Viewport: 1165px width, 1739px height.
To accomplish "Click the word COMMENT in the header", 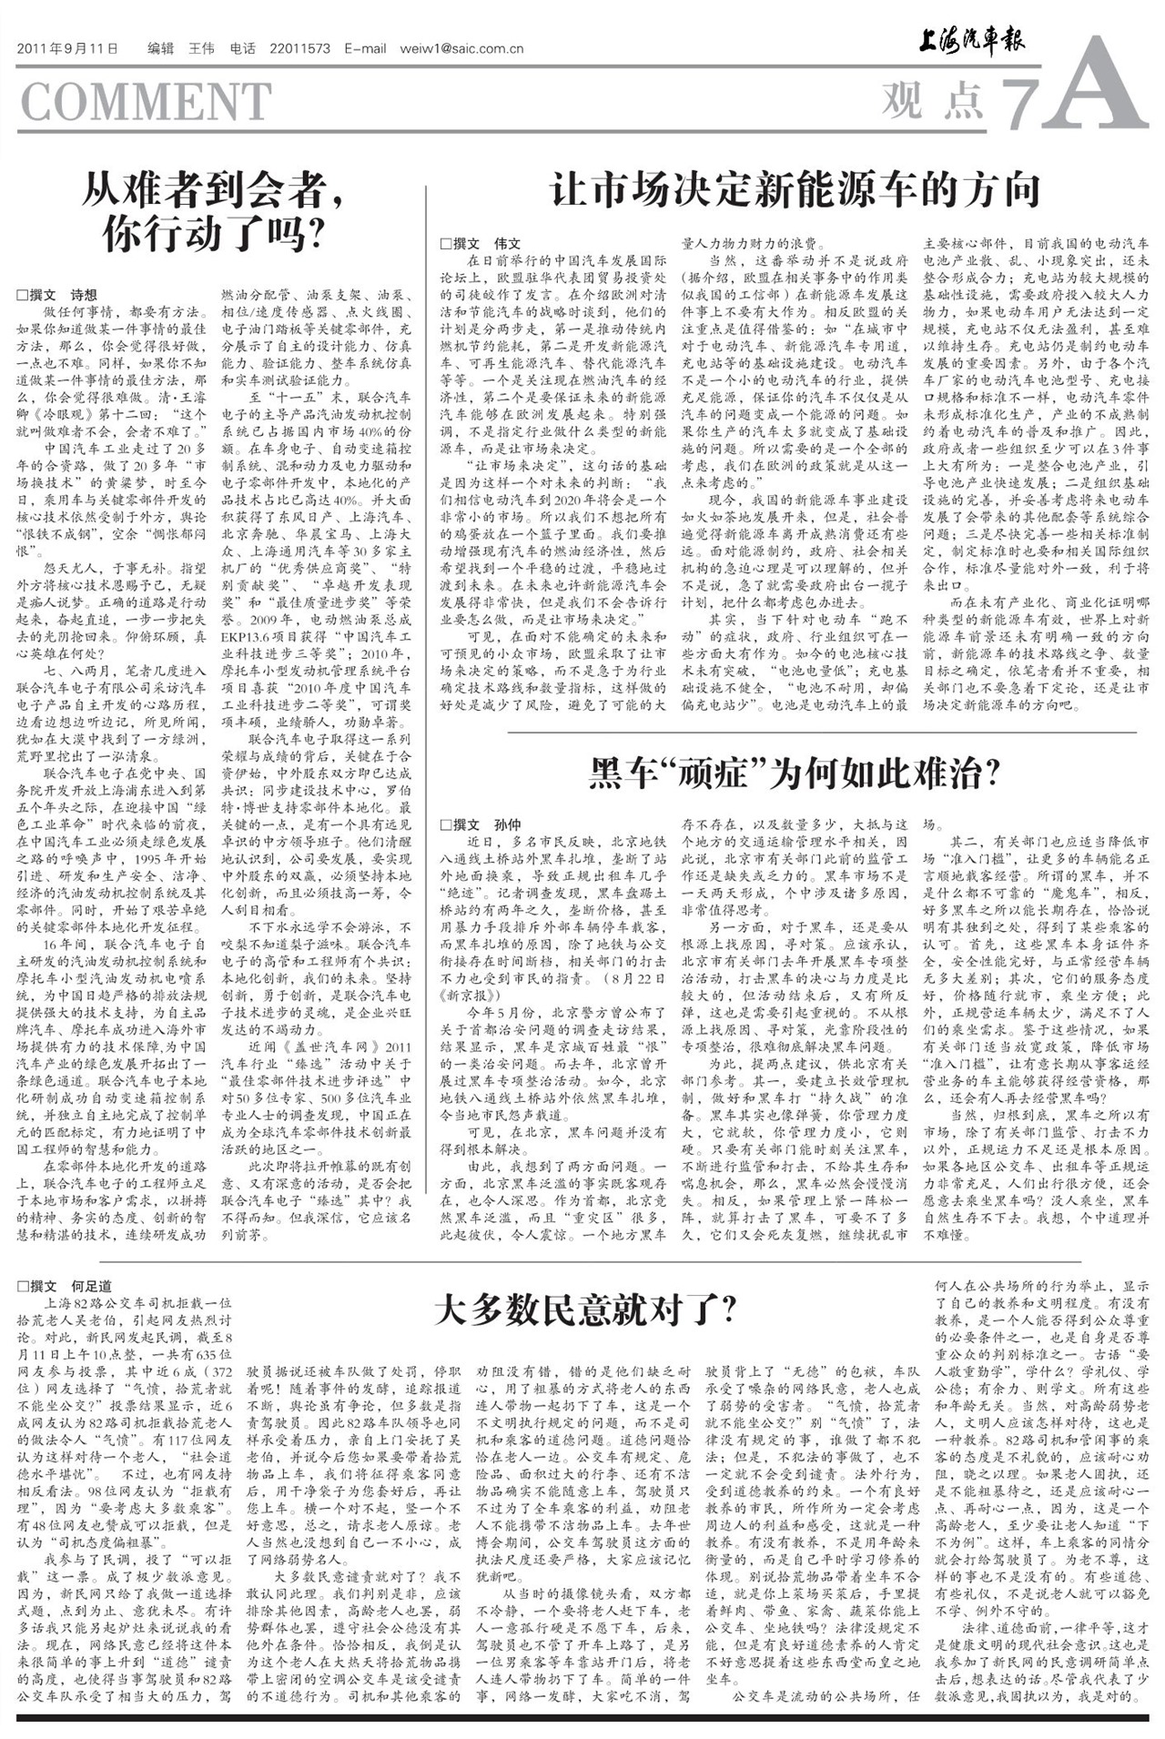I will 146,101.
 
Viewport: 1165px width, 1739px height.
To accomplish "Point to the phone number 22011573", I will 300,49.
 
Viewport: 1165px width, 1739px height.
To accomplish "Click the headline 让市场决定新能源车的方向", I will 795,190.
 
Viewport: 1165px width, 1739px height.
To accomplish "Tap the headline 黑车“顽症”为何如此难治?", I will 795,773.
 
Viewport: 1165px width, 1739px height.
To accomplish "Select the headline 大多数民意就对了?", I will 585,1310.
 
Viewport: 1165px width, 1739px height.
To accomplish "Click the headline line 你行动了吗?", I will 215,235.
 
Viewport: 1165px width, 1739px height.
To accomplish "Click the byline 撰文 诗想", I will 57,295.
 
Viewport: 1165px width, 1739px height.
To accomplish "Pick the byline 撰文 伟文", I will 481,243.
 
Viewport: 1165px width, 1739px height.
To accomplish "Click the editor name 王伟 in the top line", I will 200,49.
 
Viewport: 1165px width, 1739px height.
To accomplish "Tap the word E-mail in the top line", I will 365,49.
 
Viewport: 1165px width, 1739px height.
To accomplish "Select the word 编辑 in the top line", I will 160,49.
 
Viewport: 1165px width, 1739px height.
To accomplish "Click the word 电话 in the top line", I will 243,49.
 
